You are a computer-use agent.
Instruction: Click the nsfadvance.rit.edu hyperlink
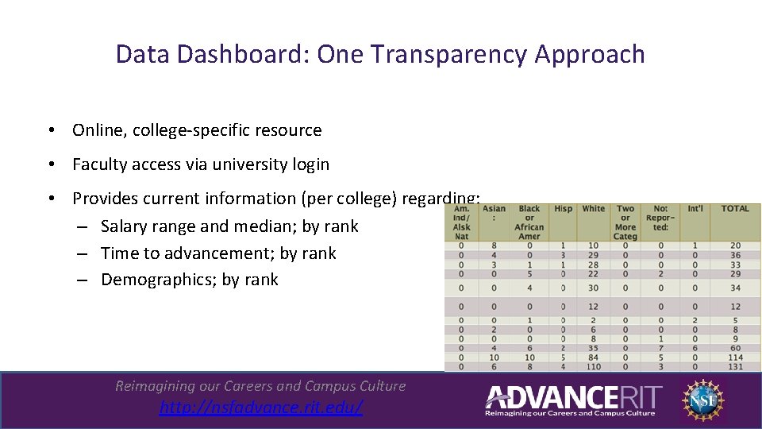click(260, 408)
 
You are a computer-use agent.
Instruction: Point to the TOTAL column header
click(735, 209)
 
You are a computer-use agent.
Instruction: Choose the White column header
click(593, 209)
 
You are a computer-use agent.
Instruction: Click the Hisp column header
click(563, 209)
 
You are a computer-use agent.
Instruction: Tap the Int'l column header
click(695, 209)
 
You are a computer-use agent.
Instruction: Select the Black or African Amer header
click(529, 222)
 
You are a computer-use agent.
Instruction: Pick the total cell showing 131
click(735, 366)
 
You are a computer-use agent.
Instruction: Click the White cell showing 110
click(593, 366)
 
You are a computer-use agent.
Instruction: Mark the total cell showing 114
click(735, 357)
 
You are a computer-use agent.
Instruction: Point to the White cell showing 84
click(593, 357)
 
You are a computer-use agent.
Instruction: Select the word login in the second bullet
click(311, 164)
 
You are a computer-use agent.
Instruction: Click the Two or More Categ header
click(625, 222)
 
